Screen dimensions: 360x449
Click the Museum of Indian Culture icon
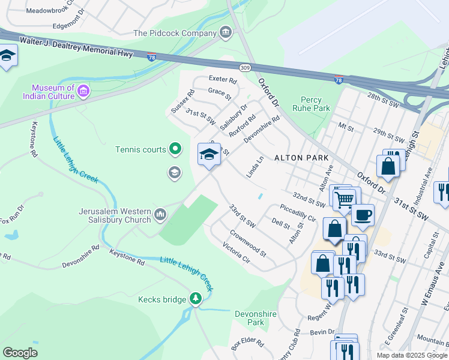point(83,92)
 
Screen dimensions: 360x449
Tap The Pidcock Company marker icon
point(226,32)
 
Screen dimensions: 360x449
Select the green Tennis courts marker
point(175,148)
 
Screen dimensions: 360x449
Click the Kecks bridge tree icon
point(195,299)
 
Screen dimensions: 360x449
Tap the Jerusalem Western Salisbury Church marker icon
point(160,214)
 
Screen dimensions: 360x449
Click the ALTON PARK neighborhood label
point(301,158)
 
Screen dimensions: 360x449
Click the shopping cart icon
point(345,199)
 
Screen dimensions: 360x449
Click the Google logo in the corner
point(20,353)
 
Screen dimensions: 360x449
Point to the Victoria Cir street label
point(235,253)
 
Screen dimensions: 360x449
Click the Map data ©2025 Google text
point(412,355)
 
